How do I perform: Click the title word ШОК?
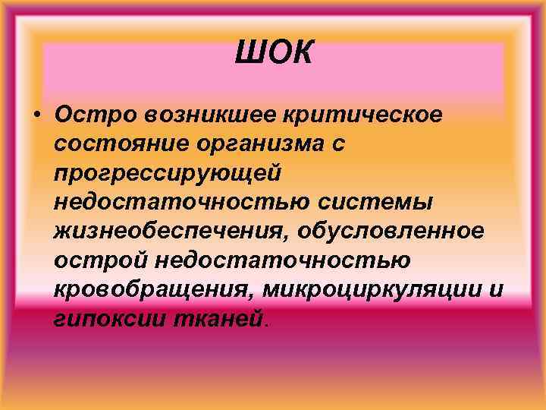[x=273, y=54]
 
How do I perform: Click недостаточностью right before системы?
[x=180, y=202]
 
